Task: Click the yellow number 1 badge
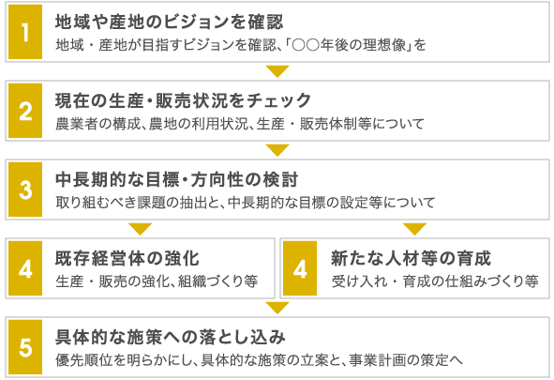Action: [25, 32]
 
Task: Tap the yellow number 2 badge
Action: [25, 111]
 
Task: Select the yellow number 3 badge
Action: [25, 190]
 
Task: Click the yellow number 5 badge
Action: [25, 347]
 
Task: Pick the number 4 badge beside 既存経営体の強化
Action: [25, 268]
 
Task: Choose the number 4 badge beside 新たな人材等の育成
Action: [300, 268]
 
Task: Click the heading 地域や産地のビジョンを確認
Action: [170, 22]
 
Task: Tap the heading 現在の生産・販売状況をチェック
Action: [184, 100]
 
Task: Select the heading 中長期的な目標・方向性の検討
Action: [177, 179]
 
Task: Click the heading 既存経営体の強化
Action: [127, 258]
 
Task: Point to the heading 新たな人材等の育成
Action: [411, 258]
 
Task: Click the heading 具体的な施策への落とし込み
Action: [171, 337]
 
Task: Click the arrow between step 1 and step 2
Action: [277, 71]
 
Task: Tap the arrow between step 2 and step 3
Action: [277, 150]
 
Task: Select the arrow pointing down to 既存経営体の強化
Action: [141, 229]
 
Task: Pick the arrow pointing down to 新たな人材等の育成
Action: [414, 229]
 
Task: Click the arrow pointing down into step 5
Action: [277, 308]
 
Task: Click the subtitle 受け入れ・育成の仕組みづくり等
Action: [435, 281]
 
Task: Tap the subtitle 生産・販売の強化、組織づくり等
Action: [157, 281]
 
